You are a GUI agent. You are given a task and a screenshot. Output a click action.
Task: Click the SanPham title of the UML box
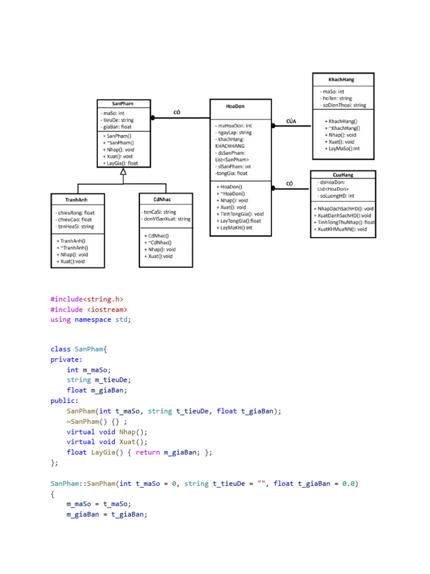pyautogui.click(x=123, y=104)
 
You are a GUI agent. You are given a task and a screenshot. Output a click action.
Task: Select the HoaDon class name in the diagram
pyautogui.click(x=235, y=106)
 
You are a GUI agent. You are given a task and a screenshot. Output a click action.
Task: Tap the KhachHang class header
pyautogui.click(x=341, y=80)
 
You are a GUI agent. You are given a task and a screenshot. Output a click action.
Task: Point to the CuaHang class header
pyautogui.click(x=343, y=175)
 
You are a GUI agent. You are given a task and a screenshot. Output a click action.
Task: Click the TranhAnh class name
pyautogui.click(x=76, y=199)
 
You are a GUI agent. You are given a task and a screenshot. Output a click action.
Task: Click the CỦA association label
pyautogui.click(x=291, y=121)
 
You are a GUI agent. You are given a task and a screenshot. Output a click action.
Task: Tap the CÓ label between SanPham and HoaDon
pyautogui.click(x=177, y=113)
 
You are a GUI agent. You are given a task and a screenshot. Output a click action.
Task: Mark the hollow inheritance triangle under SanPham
pyautogui.click(x=123, y=172)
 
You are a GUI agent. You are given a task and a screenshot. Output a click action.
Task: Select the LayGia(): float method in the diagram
pyautogui.click(x=119, y=164)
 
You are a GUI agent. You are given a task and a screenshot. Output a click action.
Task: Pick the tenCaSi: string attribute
pyautogui.click(x=159, y=212)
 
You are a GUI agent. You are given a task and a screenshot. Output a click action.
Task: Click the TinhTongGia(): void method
pyautogui.click(x=241, y=214)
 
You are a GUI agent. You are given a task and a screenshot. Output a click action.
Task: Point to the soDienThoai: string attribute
pyautogui.click(x=343, y=105)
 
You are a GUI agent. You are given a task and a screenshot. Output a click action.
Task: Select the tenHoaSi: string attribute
pyautogui.click(x=76, y=227)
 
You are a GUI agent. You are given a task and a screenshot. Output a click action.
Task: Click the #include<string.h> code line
pyautogui.click(x=87, y=299)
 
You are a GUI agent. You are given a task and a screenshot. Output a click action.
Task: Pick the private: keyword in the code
pyautogui.click(x=66, y=360)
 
